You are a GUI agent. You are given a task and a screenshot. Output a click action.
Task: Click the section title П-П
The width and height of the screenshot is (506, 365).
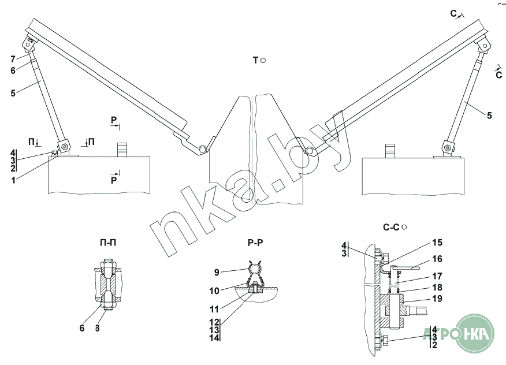pyautogui.click(x=108, y=243)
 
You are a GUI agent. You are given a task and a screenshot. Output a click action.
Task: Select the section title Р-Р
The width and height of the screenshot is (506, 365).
pyautogui.click(x=255, y=243)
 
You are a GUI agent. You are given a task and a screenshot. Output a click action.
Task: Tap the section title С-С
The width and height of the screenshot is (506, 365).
pyautogui.click(x=391, y=228)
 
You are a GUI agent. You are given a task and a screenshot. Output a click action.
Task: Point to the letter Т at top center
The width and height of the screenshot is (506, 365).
pyautogui.click(x=255, y=60)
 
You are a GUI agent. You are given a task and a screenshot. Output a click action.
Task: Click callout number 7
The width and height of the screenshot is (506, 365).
pyautogui.click(x=13, y=59)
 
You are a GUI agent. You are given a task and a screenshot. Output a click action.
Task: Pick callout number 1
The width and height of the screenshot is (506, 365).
pyautogui.click(x=13, y=180)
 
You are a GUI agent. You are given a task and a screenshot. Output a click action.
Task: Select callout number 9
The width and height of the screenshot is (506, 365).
pyautogui.click(x=217, y=273)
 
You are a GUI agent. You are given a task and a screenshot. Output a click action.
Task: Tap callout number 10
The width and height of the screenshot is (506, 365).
pyautogui.click(x=214, y=291)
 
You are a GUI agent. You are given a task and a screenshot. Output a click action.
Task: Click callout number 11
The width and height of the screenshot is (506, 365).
pyautogui.click(x=214, y=310)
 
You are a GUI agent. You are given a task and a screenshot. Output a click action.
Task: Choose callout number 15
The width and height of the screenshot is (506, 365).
pyautogui.click(x=437, y=243)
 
